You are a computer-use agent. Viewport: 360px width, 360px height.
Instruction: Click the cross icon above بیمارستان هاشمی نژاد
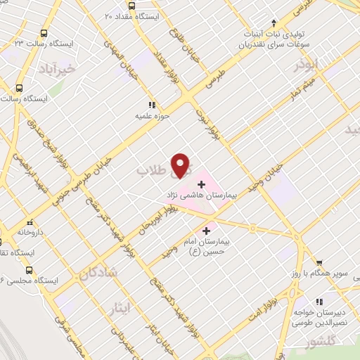(202, 184)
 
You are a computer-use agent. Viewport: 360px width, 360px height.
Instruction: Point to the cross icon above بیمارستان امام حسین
(207, 231)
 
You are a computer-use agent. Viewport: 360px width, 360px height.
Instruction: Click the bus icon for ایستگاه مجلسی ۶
(29, 270)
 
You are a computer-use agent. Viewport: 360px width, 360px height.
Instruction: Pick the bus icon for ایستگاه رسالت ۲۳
(45, 32)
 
